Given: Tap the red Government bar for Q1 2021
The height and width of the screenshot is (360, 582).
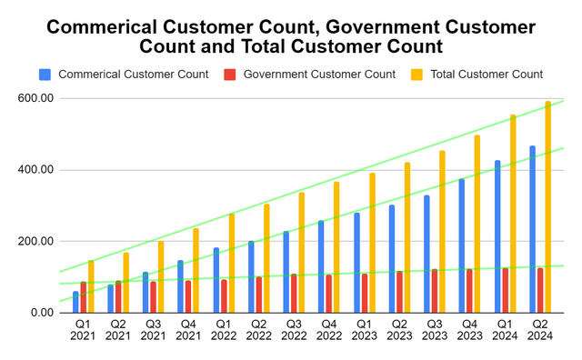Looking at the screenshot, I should (84, 297).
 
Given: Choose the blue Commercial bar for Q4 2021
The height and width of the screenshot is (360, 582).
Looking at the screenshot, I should (180, 286).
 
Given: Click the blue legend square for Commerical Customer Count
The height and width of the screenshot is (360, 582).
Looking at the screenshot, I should (45, 74).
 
